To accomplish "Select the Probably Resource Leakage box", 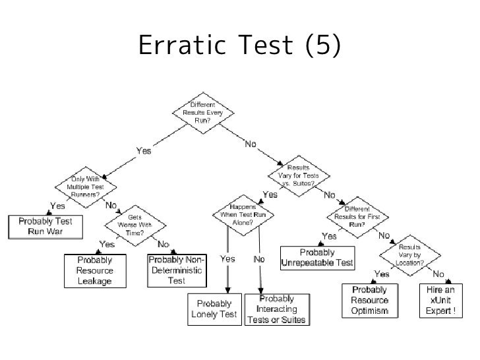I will click(x=94, y=270).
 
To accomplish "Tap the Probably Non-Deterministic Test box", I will click(x=176, y=270).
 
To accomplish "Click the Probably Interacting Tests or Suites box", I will click(x=276, y=309).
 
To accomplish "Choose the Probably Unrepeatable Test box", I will click(x=317, y=258).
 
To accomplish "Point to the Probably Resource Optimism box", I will click(x=370, y=300).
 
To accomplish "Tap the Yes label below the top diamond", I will click(x=143, y=151).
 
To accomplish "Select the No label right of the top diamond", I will click(x=251, y=144).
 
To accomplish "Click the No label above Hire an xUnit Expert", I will click(x=438, y=274).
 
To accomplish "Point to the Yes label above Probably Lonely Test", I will click(x=227, y=260).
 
